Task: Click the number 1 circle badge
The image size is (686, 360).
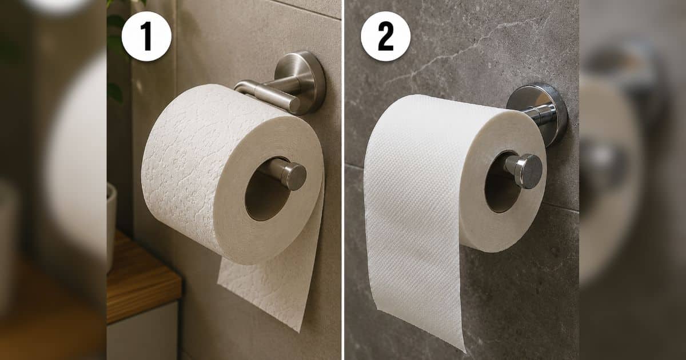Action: pyautogui.click(x=146, y=37)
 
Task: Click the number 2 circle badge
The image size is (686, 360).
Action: pyautogui.click(x=385, y=37)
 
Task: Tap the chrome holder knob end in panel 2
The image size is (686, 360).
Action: pyautogui.click(x=528, y=171)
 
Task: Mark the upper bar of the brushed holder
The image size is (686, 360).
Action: pyautogui.click(x=267, y=95)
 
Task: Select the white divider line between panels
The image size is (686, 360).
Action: pyautogui.click(x=343, y=180)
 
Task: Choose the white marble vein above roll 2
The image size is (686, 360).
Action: pyautogui.click(x=460, y=52)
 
